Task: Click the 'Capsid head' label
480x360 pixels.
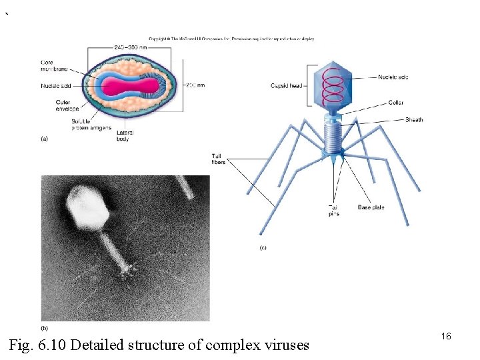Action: [287, 85]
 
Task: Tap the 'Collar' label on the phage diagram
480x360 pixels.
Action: [396, 103]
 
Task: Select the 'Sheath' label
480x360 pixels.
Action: [414, 120]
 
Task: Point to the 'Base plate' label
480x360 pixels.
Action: [371, 207]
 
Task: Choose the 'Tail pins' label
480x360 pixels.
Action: [334, 211]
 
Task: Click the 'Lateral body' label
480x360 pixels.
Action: [125, 136]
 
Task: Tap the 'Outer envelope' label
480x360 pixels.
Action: [67, 105]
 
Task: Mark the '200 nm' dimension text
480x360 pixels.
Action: [195, 85]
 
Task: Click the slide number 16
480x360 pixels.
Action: [446, 337]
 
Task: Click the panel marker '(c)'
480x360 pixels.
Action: [263, 247]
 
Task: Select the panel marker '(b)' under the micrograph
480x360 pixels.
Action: [45, 327]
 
